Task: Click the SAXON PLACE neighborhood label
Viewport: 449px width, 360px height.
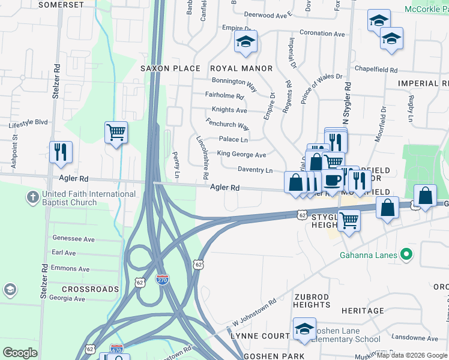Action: (x=170, y=68)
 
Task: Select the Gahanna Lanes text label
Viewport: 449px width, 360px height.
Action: (x=368, y=255)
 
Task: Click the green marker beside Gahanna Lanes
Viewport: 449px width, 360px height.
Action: (x=406, y=254)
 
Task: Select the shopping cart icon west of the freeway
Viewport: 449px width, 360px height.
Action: (x=116, y=131)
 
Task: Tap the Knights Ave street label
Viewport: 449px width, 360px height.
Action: (x=229, y=110)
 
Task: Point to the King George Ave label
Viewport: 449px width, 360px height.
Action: (x=241, y=155)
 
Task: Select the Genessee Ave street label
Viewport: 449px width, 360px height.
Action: (x=73, y=239)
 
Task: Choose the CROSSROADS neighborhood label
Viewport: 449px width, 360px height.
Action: (x=77, y=289)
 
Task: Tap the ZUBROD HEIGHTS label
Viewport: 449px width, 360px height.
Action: (x=312, y=301)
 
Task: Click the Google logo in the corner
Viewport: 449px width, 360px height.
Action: (x=20, y=353)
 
